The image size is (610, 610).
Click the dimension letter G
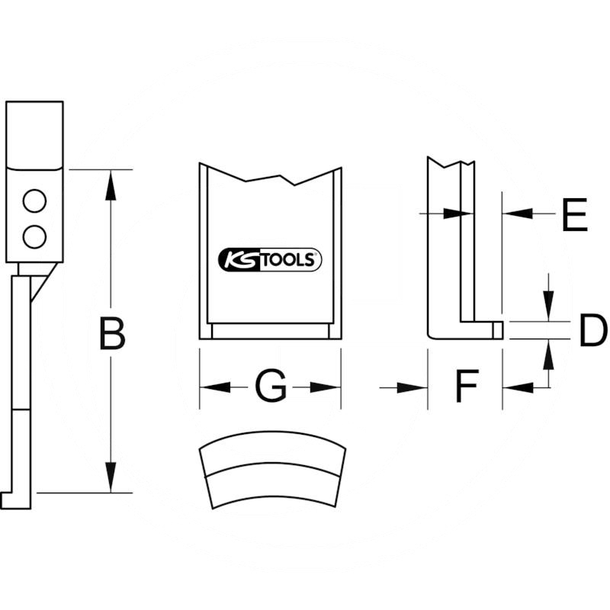[x=270, y=387]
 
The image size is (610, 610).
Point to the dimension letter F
[x=466, y=388]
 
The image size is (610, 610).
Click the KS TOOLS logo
[x=270, y=260]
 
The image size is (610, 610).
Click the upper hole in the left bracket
[x=34, y=201]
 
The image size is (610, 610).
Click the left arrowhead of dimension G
[x=214, y=387]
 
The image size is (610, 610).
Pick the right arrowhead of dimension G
[x=326, y=387]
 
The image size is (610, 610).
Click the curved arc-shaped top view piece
[x=270, y=469]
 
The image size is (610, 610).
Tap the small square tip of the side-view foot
[x=498, y=329]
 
